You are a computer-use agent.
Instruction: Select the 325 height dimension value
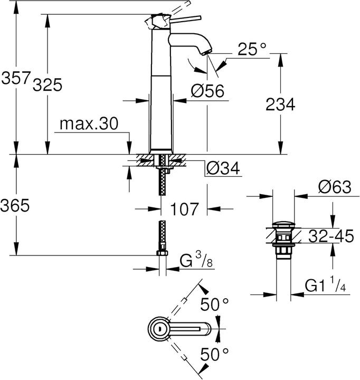coord(48,84)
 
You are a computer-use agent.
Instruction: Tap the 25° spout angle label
coord(252,50)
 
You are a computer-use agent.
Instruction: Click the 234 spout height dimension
coord(279,104)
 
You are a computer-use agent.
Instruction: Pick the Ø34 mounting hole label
coord(222,168)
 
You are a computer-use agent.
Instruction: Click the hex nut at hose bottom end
coord(163,255)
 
